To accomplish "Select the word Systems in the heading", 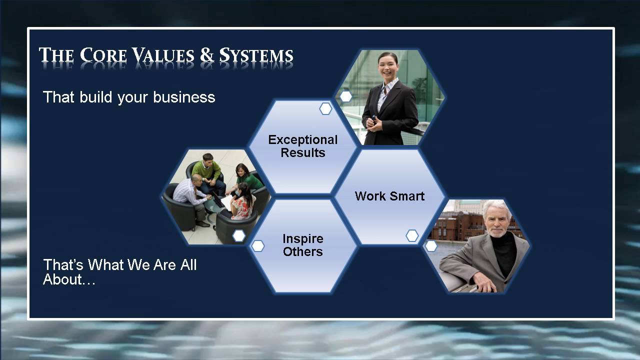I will tap(256, 55).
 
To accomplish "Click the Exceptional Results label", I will tap(303, 146).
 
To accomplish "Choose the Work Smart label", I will tap(389, 196).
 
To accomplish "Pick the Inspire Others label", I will tap(303, 245).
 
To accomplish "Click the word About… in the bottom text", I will tap(69, 279).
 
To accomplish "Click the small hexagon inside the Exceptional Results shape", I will tap(325, 108).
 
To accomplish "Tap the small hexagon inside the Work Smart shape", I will tap(412, 235).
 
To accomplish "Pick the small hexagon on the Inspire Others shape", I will tap(258, 246).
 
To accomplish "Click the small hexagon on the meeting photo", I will tap(239, 235).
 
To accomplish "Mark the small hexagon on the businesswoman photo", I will tap(345, 96).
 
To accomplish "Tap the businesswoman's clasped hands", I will tap(375, 122).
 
